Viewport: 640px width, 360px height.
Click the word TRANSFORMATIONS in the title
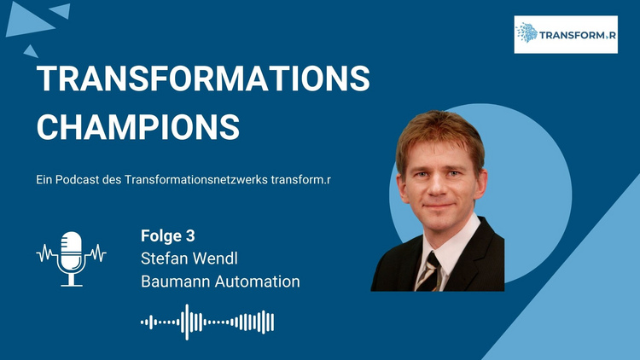click(x=203, y=78)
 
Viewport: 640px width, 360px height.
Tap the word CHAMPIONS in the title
click(x=138, y=127)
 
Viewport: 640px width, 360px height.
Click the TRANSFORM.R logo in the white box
click(x=566, y=34)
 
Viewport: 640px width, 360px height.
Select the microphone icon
click(x=72, y=258)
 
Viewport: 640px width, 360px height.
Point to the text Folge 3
click(x=168, y=236)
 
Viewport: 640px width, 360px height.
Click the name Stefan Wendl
click(x=189, y=258)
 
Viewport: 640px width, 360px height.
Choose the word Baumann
click(x=176, y=282)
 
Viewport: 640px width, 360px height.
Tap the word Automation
click(x=257, y=282)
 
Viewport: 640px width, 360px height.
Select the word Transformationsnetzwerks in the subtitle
click(x=196, y=180)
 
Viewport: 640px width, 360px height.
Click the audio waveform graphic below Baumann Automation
click(x=207, y=322)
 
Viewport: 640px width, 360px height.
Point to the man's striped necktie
click(x=429, y=271)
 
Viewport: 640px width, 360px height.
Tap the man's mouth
click(x=438, y=206)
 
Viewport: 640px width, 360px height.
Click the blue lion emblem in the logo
click(x=527, y=33)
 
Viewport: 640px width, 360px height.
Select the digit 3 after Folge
click(x=190, y=236)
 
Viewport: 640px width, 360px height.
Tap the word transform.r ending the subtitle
click(x=301, y=180)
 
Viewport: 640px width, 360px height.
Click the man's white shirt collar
click(x=449, y=245)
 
